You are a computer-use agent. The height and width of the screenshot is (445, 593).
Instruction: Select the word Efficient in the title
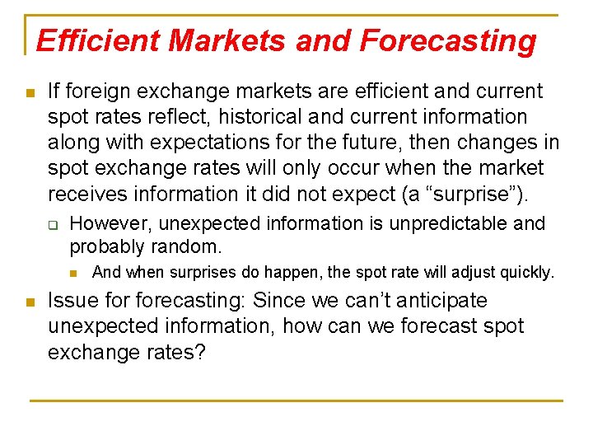[89, 40]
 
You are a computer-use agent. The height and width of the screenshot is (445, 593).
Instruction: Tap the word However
[110, 223]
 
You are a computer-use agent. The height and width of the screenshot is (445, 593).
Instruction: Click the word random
[189, 246]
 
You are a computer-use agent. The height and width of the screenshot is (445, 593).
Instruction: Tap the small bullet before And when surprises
[73, 273]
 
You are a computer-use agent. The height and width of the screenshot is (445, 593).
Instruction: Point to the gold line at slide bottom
[296, 400]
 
